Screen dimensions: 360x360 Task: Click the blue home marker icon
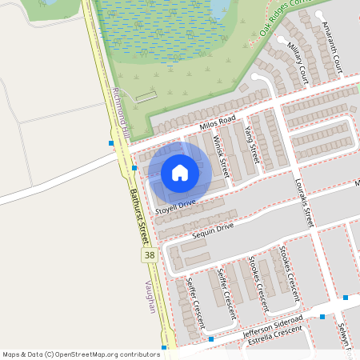click(180, 172)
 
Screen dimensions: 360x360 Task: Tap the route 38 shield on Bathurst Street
click(149, 255)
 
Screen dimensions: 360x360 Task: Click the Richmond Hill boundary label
click(121, 113)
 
